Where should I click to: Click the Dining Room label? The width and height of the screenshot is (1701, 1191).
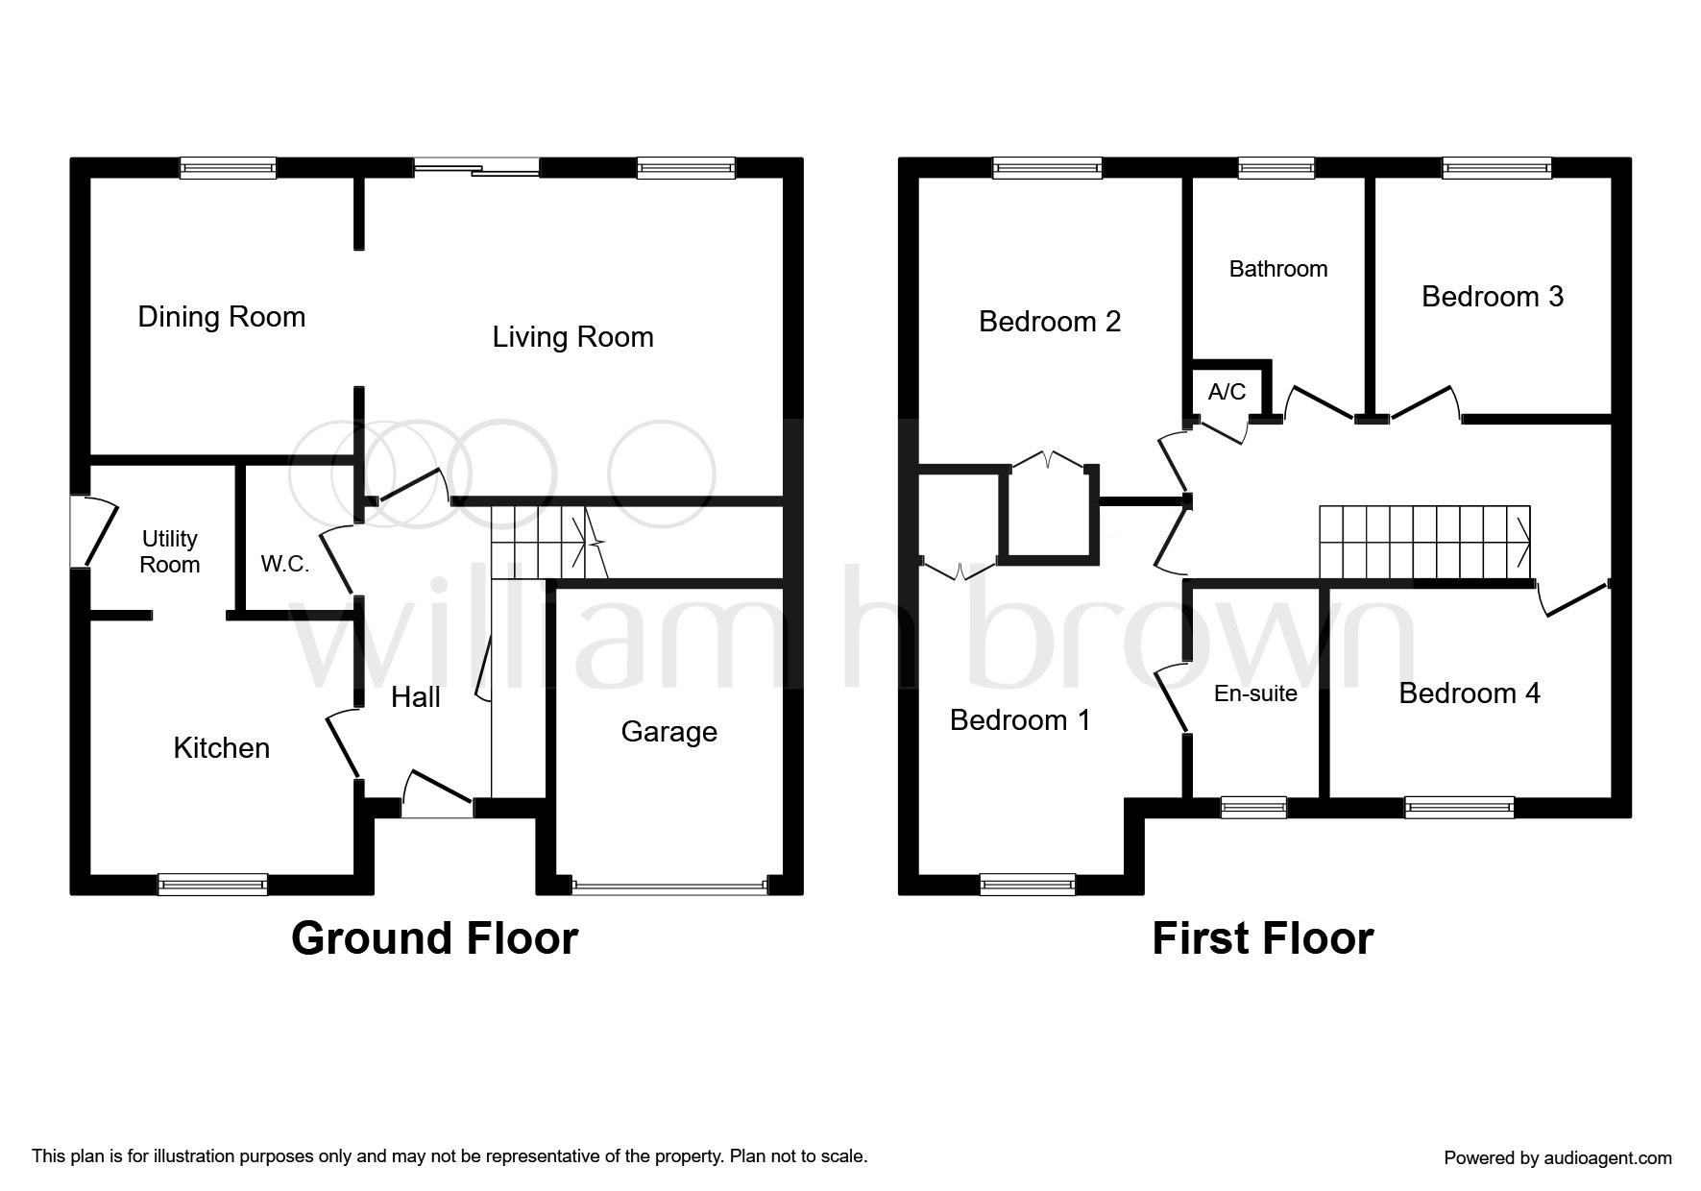(x=222, y=317)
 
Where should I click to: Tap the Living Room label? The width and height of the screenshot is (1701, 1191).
(x=573, y=337)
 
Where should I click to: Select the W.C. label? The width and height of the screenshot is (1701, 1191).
(x=285, y=564)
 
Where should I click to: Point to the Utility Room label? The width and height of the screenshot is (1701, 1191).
(x=170, y=551)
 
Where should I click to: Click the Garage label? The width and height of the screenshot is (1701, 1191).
(x=669, y=732)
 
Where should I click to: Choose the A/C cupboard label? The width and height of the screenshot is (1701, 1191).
(x=1227, y=392)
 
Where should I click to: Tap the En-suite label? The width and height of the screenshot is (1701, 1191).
(x=1255, y=693)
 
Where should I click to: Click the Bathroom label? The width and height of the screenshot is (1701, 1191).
(x=1278, y=269)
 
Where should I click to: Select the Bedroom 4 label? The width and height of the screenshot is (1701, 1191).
(x=1470, y=693)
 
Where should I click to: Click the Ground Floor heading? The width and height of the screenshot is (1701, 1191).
(x=435, y=938)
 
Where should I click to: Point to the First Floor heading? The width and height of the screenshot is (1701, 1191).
(x=1263, y=938)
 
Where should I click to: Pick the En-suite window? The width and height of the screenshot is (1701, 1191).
(x=1253, y=808)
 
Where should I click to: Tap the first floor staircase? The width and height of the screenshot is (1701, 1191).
(x=1425, y=543)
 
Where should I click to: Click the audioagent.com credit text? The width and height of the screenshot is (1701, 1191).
(x=1558, y=1158)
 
